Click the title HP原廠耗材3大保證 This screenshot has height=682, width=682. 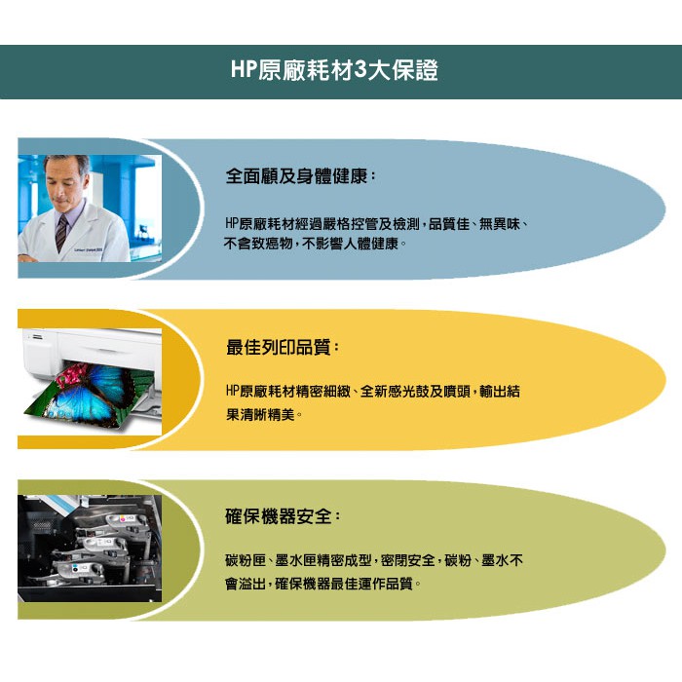[x=334, y=70]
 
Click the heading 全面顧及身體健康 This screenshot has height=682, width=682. [x=297, y=176]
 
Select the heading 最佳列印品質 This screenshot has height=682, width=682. [x=280, y=347]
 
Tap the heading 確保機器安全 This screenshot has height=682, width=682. [x=280, y=516]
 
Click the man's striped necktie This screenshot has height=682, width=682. [x=61, y=234]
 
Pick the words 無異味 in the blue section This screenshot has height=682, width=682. [x=500, y=224]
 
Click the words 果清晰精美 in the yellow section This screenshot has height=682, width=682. [x=260, y=414]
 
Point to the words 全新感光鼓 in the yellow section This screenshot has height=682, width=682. [x=395, y=391]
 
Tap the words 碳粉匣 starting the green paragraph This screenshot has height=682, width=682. [x=246, y=560]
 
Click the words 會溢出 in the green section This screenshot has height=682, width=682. [x=246, y=584]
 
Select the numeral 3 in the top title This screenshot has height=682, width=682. [x=360, y=70]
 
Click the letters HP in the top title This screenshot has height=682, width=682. [x=244, y=70]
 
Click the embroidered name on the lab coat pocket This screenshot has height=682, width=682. [x=89, y=250]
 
